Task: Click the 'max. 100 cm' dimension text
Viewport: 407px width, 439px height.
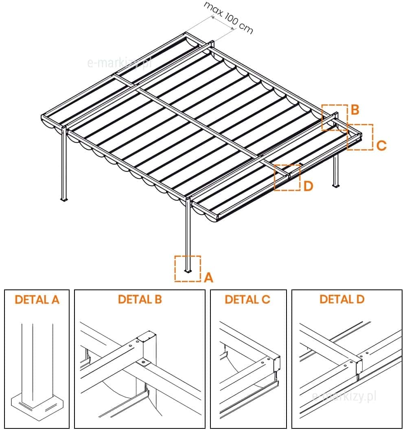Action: (x=228, y=17)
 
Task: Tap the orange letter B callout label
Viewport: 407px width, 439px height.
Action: (x=355, y=110)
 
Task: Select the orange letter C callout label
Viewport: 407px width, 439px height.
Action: (x=381, y=146)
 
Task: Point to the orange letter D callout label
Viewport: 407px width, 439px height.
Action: (x=309, y=186)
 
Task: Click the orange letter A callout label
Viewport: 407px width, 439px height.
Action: (x=208, y=278)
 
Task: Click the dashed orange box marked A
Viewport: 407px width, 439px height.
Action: (x=188, y=269)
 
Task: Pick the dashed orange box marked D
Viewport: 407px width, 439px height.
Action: (x=287, y=178)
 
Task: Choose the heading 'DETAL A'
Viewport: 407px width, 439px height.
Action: (x=37, y=300)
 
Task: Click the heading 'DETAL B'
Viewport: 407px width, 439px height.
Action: (x=140, y=299)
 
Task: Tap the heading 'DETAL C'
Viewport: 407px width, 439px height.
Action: (x=247, y=300)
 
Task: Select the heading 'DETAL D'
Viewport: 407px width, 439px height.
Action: (x=342, y=299)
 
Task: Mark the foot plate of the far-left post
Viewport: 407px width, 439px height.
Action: (x=64, y=200)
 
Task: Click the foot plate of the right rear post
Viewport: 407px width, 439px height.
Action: (x=336, y=186)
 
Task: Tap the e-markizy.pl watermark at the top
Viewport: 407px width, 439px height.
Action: (x=120, y=63)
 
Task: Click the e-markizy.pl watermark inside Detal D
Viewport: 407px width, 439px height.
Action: (x=344, y=396)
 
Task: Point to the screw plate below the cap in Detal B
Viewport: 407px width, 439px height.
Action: (x=144, y=363)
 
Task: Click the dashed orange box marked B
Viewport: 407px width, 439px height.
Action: (x=335, y=117)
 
